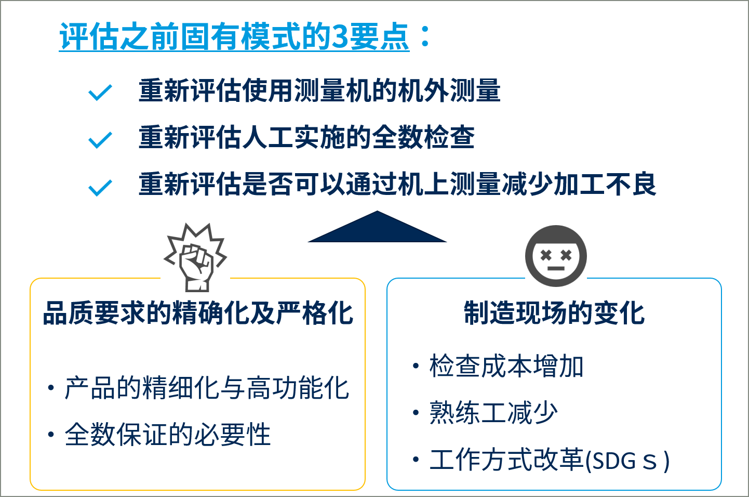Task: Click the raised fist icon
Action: coord(196,258)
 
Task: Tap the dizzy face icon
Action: coord(556,256)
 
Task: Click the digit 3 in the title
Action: coord(340,36)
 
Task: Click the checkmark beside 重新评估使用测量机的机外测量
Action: coord(100,93)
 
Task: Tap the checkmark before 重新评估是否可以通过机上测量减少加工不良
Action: coord(100,188)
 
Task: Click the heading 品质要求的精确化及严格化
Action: coord(198,313)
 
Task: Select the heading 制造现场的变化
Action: coord(554,313)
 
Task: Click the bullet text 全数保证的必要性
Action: coord(168,434)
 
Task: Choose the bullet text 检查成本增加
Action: coord(506,366)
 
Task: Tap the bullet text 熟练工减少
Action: coord(493,412)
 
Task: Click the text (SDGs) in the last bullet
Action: coord(627,461)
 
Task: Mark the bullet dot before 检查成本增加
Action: coord(416,366)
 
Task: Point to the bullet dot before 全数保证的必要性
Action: coord(51,435)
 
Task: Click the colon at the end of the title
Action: coord(425,36)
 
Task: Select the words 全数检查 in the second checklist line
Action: coord(423,137)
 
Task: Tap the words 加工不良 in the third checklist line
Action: coord(605,184)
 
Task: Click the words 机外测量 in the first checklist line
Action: coord(449,90)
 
